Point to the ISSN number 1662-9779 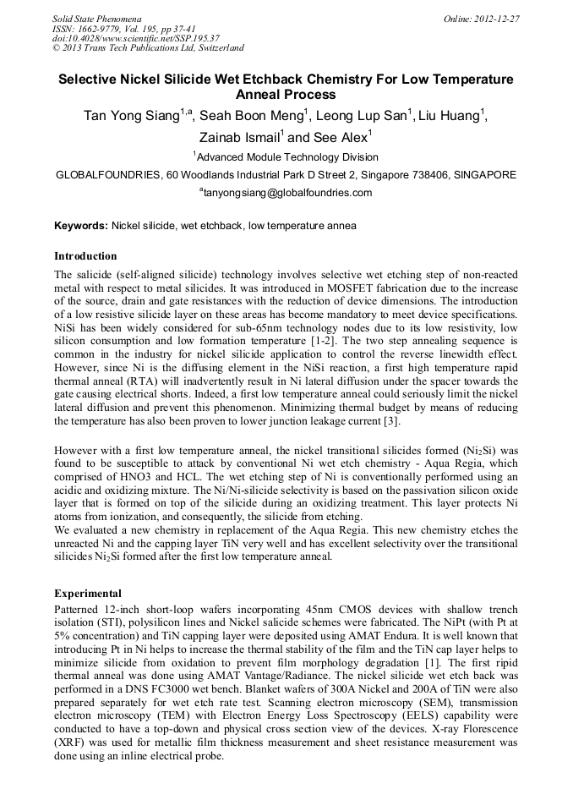coord(99,28)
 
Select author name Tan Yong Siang coord(130,116)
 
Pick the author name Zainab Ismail coord(240,138)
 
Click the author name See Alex coord(341,138)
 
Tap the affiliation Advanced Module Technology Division coord(287,157)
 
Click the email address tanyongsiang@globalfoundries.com coord(288,193)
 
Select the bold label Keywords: coord(81,226)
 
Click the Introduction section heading coord(85,255)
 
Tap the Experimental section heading coord(88,593)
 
